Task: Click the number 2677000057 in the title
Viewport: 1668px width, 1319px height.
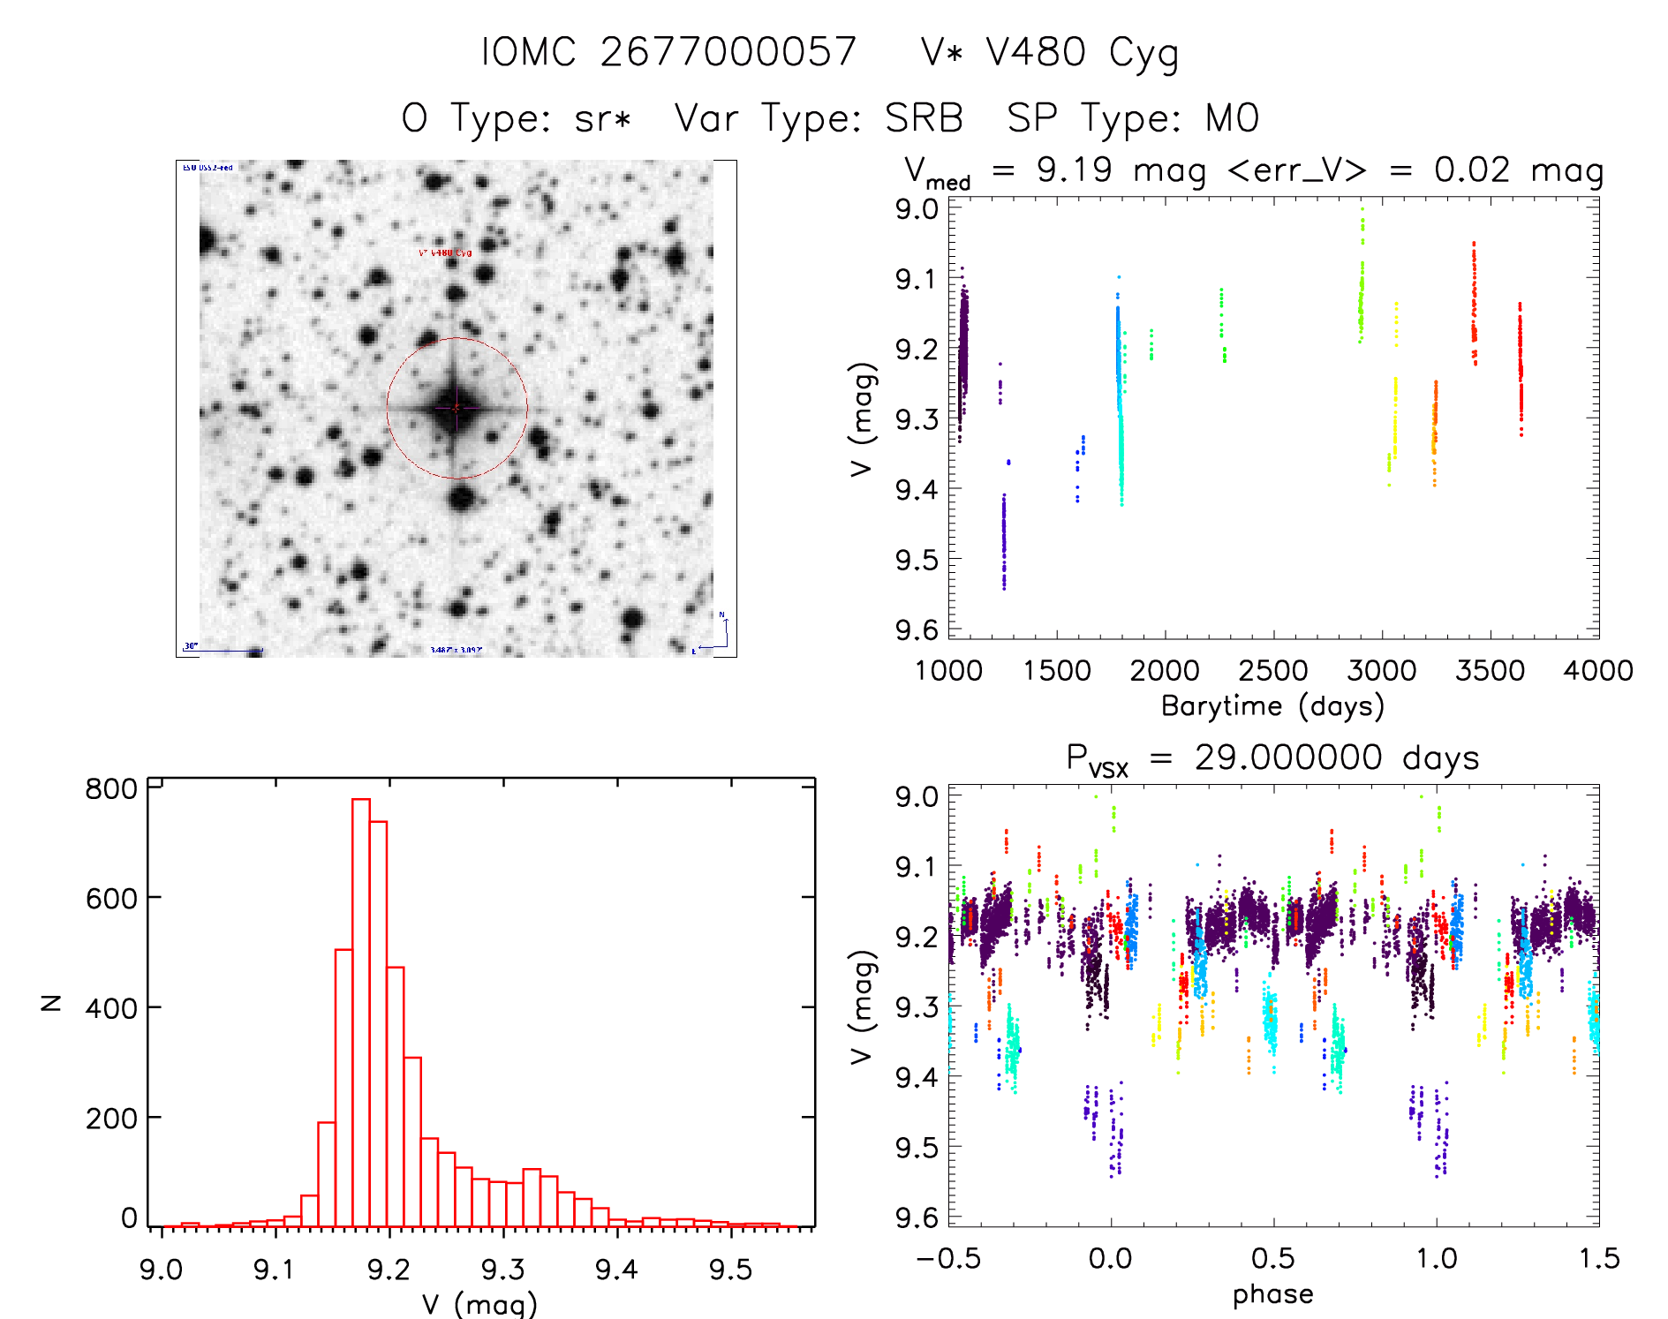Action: point(728,52)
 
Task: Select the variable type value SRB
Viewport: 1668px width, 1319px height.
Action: point(924,118)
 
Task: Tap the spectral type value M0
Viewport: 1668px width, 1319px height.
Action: point(1232,118)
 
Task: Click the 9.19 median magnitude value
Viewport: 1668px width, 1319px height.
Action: point(1074,170)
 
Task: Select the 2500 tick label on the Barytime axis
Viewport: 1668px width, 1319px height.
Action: point(1272,671)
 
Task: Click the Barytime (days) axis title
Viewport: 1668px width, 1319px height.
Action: point(1272,706)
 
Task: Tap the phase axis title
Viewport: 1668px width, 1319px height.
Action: point(1272,1294)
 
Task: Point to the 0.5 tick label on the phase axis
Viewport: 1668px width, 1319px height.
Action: point(1272,1259)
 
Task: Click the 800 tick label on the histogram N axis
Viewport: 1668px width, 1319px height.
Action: point(111,788)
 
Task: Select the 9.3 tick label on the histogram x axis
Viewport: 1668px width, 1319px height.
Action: point(502,1270)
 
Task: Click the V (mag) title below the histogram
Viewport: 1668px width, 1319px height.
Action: point(479,1304)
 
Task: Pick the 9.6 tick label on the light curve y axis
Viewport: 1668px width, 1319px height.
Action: point(917,629)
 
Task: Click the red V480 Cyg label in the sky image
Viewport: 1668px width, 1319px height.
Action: point(445,253)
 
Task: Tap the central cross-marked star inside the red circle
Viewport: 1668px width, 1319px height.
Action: point(456,408)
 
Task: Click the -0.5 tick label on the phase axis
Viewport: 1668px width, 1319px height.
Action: point(948,1259)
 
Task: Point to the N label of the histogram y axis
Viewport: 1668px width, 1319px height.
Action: point(52,1002)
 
